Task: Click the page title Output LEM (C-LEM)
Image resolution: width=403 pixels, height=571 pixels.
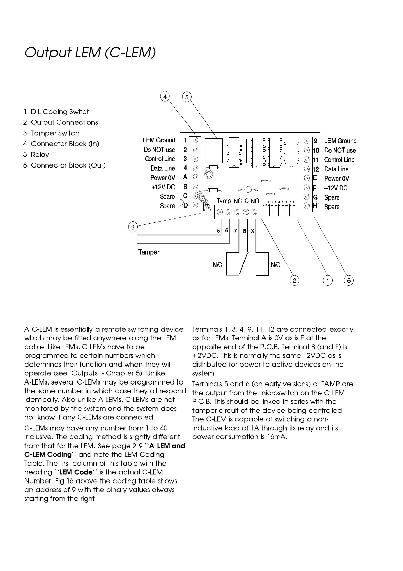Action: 90,53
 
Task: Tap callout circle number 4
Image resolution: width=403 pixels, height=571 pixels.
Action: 165,97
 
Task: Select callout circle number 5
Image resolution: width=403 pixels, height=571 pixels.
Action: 187,97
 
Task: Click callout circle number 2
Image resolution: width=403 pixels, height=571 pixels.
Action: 295,280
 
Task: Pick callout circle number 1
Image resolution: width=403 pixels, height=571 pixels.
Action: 327,280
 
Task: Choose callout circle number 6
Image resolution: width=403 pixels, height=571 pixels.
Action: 349,280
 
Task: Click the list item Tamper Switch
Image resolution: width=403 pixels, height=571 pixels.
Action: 51,133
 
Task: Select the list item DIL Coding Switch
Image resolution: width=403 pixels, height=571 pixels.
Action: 57,112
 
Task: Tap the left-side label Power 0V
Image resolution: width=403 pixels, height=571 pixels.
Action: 163,178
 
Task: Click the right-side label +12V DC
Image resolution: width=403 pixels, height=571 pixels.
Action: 336,188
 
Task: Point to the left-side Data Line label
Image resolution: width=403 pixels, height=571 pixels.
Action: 163,168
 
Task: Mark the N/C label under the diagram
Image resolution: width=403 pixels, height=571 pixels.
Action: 217,265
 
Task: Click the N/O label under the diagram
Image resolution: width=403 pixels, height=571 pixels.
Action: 276,265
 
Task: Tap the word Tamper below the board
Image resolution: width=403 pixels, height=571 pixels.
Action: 149,252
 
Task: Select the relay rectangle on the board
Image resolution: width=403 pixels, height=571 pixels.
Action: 214,151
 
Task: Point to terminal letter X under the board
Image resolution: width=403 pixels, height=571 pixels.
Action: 253,231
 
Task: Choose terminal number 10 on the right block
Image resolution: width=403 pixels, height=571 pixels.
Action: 316,150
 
